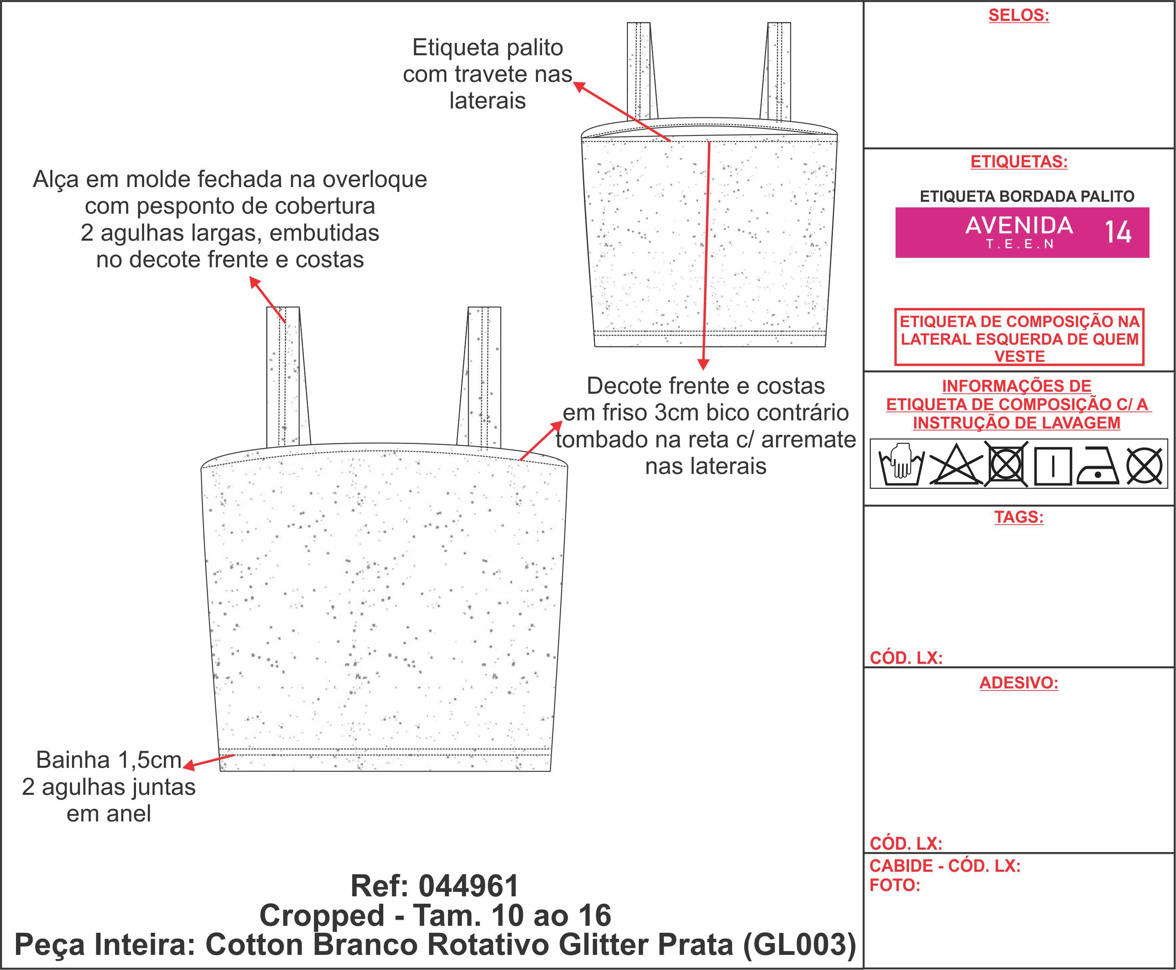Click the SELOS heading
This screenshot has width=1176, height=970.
point(1018,15)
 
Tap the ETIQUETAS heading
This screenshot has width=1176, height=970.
point(1018,162)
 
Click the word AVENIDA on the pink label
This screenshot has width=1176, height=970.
point(1019,225)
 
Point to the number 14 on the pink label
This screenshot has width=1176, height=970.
point(1118,232)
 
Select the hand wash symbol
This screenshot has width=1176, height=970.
point(901,464)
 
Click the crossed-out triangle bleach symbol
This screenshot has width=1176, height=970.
point(956,464)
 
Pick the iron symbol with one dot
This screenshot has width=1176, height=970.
point(1098,465)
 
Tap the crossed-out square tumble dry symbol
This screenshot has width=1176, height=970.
point(1006,464)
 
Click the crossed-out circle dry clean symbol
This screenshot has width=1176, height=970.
point(1144,465)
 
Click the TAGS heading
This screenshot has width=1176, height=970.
point(1018,517)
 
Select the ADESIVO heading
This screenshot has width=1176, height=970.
point(1018,682)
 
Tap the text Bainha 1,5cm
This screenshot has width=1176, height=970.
point(109,760)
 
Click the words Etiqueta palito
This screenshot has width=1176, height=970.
point(487,47)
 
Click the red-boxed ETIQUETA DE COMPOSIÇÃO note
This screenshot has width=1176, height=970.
point(1019,338)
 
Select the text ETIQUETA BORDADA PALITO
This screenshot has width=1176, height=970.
point(1027,196)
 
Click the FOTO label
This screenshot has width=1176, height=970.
point(894,885)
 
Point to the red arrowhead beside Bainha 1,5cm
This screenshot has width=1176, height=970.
point(189,765)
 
